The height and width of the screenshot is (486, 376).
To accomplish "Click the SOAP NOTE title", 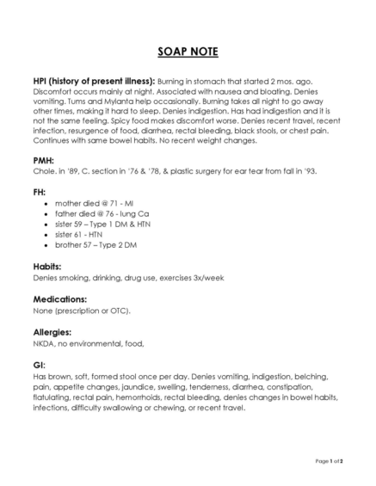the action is pos(188,52).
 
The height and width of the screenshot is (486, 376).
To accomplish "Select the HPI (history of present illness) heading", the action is pos(94,80).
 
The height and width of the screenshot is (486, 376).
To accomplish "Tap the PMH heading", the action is pos(44,159).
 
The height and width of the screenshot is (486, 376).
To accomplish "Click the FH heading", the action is pos(39,192).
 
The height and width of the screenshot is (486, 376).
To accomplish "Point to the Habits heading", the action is pos(46,268).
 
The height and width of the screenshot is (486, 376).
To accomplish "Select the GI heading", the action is pos(38,364).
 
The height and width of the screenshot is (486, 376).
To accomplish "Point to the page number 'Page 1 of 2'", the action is pos(330,462).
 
